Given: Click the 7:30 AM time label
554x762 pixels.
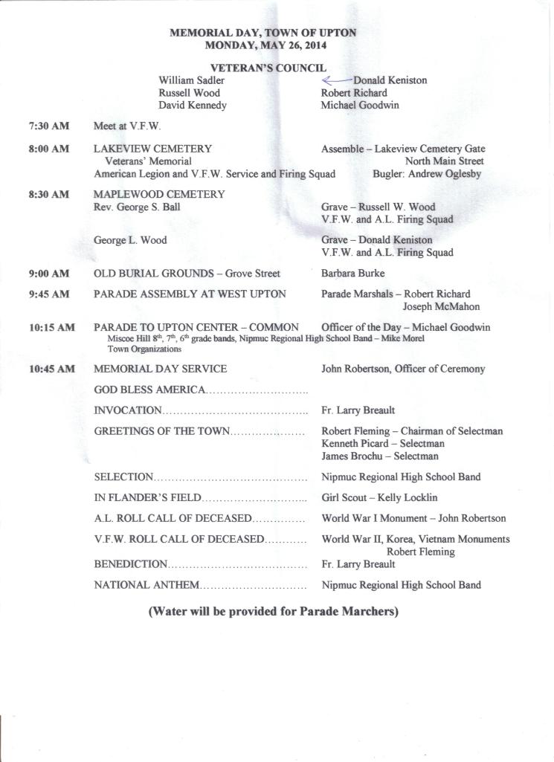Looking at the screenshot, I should (49, 126).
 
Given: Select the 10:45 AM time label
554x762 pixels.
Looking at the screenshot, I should (52, 369).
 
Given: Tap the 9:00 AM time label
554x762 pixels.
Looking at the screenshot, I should (49, 274).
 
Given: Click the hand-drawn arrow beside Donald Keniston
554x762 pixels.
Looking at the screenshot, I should (336, 80).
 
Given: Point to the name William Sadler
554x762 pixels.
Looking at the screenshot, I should (192, 80).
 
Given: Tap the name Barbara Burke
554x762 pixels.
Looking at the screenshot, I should (352, 274).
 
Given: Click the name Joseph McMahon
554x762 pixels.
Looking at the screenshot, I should (441, 306).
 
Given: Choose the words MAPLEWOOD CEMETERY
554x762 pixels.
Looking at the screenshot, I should (159, 195).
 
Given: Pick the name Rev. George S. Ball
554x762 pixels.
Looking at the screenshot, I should (137, 207).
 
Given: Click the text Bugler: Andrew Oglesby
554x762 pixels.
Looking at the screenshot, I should (427, 174).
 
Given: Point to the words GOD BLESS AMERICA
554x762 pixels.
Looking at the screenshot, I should (149, 390).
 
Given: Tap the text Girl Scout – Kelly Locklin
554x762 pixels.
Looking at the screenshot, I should (379, 497).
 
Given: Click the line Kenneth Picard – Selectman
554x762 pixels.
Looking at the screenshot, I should (382, 443).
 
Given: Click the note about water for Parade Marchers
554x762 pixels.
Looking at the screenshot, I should (274, 612).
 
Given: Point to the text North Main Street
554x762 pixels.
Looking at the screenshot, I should (444, 161).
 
